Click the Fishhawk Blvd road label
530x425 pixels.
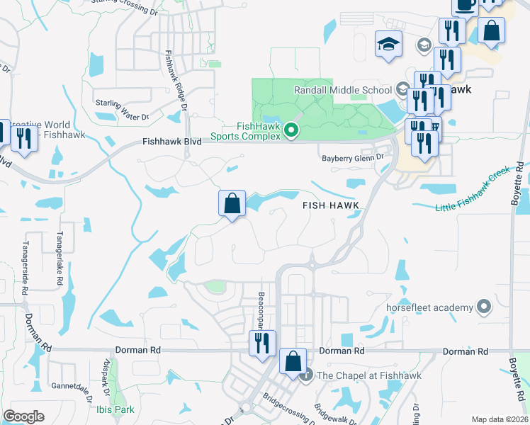(x=171, y=142)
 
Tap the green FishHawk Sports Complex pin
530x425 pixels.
(x=291, y=130)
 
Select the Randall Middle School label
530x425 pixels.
(x=343, y=90)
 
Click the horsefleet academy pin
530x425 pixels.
(x=484, y=307)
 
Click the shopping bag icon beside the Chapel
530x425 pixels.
(x=293, y=362)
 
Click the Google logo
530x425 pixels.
(x=23, y=416)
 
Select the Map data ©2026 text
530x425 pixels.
(x=499, y=419)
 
